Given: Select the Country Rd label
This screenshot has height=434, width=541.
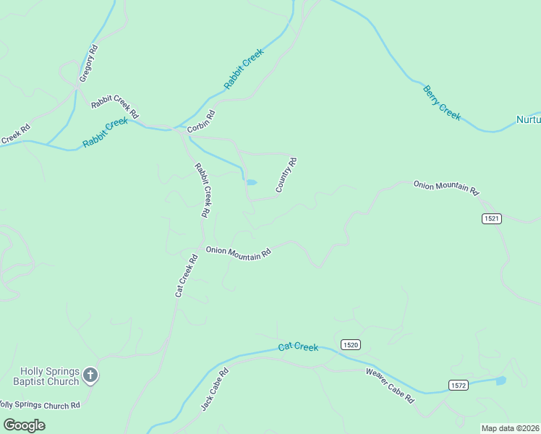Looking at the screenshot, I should pyautogui.click(x=286, y=175).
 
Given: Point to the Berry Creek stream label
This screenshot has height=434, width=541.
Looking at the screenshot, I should pyautogui.click(x=441, y=103).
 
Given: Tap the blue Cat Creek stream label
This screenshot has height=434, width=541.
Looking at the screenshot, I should pyautogui.click(x=298, y=348).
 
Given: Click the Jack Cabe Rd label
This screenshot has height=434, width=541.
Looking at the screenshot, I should pyautogui.click(x=214, y=390).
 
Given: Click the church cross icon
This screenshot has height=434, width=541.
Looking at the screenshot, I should pyautogui.click(x=90, y=375).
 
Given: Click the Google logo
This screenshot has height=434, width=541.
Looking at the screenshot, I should pyautogui.click(x=24, y=425).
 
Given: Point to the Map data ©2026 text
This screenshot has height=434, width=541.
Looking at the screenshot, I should pyautogui.click(x=510, y=428).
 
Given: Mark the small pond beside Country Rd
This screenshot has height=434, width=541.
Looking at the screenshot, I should pyautogui.click(x=251, y=182).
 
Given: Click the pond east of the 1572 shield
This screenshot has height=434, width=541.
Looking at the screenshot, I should pyautogui.click(x=500, y=380).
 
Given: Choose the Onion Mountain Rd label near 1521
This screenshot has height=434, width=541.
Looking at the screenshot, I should pyautogui.click(x=446, y=188).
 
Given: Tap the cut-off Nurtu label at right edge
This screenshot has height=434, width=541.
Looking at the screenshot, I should pyautogui.click(x=528, y=119).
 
